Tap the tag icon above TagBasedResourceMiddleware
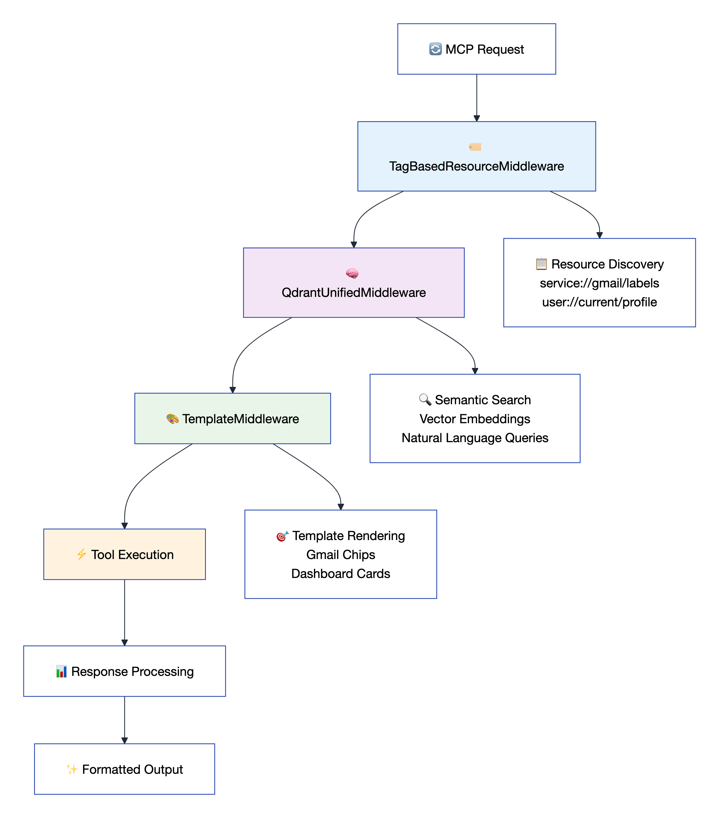(475, 147)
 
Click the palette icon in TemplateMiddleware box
(172, 418)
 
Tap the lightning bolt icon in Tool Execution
(81, 554)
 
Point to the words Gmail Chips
(341, 554)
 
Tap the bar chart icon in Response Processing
(61, 671)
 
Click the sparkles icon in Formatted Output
(72, 769)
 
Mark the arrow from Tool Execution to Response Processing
(124, 612)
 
